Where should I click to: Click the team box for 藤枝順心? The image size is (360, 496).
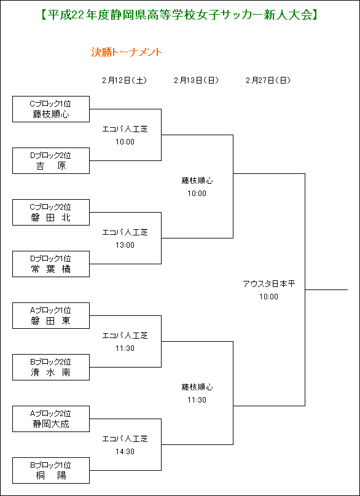[51, 109]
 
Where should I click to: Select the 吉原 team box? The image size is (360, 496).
[51, 160]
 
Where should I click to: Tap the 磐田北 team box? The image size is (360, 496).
[51, 212]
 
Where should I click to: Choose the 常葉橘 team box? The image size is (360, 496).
[51, 264]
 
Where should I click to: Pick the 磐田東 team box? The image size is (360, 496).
[51, 315]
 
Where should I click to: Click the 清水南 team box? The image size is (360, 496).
[51, 367]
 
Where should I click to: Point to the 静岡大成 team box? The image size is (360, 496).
[51, 419]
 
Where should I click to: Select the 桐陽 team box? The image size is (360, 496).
[51, 470]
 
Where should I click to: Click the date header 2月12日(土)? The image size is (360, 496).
[125, 81]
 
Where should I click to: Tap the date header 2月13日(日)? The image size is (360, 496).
[196, 81]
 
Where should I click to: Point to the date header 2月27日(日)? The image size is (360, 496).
[268, 81]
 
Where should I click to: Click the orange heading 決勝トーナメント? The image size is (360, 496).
[127, 52]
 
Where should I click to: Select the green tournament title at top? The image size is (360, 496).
[179, 15]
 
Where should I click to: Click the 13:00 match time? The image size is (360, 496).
[125, 245]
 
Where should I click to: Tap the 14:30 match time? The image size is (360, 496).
[125, 452]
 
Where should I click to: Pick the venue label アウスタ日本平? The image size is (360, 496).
[268, 284]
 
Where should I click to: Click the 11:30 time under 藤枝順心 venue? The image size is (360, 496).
[197, 400]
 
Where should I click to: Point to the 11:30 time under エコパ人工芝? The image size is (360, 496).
[125, 348]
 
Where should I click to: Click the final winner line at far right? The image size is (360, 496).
[326, 289]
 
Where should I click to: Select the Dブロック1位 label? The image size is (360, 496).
[50, 258]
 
